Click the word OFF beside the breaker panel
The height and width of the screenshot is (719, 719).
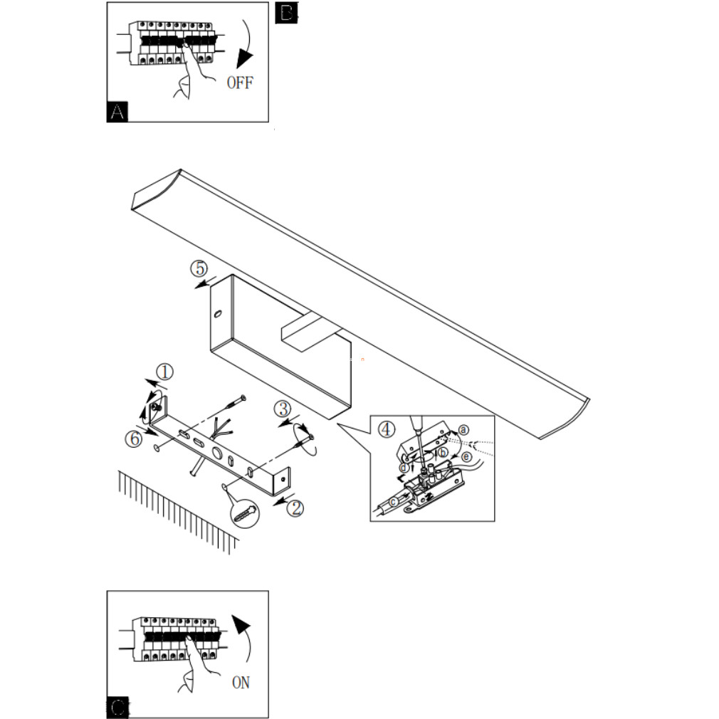tap(240, 83)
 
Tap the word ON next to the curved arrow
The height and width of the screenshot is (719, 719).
tap(241, 683)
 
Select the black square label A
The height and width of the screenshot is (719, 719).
tap(117, 112)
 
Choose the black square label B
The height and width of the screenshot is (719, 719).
tap(286, 12)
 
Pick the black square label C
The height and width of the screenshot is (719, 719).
tap(117, 708)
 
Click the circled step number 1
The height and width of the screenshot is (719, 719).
tap(165, 372)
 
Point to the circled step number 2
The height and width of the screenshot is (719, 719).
tap(295, 508)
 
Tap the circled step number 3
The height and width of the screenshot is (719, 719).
tap(283, 409)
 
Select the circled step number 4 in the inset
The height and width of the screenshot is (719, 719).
tap(387, 430)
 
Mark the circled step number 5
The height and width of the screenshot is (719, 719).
tap(199, 268)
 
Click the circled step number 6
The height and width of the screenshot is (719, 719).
tap(134, 439)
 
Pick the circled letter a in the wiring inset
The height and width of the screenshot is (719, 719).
tap(464, 430)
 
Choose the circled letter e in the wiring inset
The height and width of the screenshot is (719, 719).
tap(466, 457)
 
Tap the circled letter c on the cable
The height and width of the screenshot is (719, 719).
tap(394, 502)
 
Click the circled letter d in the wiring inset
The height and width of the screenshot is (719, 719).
tap(404, 468)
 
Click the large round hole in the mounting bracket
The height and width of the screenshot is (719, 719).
tap(216, 453)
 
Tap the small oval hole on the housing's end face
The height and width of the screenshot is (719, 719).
tap(218, 314)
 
